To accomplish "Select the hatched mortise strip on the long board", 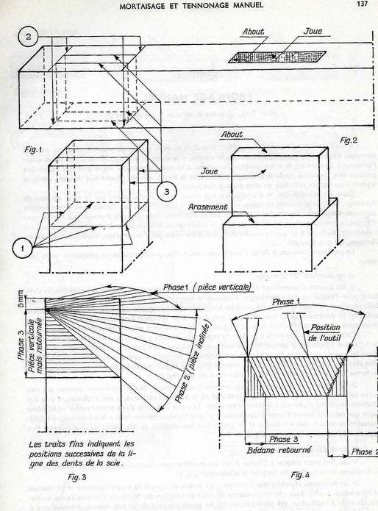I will pos(277,56).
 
